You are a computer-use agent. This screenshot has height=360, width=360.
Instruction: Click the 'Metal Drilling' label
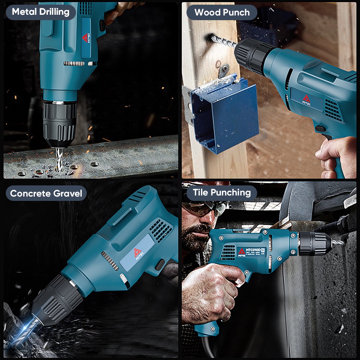point(40,12)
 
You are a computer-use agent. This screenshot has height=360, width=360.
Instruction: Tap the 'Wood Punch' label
point(222,13)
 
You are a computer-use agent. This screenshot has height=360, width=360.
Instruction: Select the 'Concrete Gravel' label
point(46,193)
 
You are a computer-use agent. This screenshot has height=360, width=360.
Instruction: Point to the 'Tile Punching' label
point(222,193)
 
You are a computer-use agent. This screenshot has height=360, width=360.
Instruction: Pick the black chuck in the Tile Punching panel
point(314,243)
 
